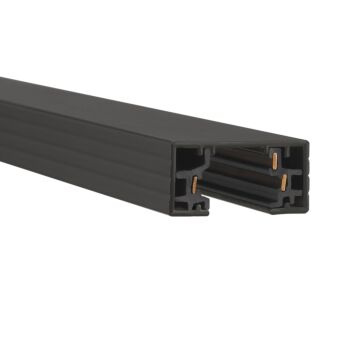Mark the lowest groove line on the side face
coord(90,165)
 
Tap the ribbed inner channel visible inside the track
coord(240,176)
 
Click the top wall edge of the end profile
coord(240,143)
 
